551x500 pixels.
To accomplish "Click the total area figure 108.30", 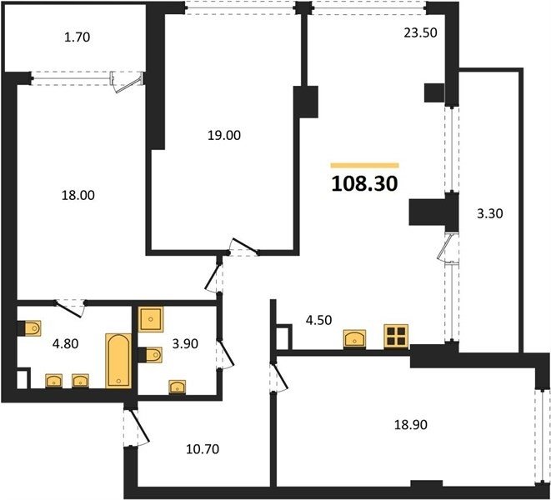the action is pyautogui.click(x=364, y=183).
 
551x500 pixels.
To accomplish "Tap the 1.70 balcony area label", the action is pyautogui.click(x=78, y=37).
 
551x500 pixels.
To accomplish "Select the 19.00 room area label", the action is pyautogui.click(x=224, y=135).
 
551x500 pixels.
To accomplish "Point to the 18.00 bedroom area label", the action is pyautogui.click(x=78, y=195).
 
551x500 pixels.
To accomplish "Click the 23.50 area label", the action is pyautogui.click(x=421, y=32).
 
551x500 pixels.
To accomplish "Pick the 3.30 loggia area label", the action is pyautogui.click(x=490, y=213).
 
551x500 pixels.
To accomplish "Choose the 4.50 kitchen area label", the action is pyautogui.click(x=318, y=321).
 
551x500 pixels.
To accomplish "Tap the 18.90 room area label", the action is pyautogui.click(x=410, y=425).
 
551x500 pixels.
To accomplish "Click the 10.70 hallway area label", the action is pyautogui.click(x=203, y=448).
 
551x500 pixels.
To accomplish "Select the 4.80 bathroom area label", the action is pyautogui.click(x=65, y=343).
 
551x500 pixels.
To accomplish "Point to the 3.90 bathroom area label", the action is pyautogui.click(x=185, y=343).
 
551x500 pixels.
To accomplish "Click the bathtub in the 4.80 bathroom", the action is pyautogui.click(x=118, y=361).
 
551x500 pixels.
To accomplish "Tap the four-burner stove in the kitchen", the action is pyautogui.click(x=396, y=337).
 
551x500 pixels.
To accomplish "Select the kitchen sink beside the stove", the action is pyautogui.click(x=354, y=339).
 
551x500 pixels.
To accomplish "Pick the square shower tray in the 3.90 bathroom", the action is pyautogui.click(x=151, y=319).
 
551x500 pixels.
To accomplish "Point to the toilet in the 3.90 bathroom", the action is pyautogui.click(x=150, y=354).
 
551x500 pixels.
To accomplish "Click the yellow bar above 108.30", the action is pyautogui.click(x=365, y=166).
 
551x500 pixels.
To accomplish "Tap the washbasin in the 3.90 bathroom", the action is pyautogui.click(x=178, y=387).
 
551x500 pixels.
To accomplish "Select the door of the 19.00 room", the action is pyautogui.click(x=245, y=247).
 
